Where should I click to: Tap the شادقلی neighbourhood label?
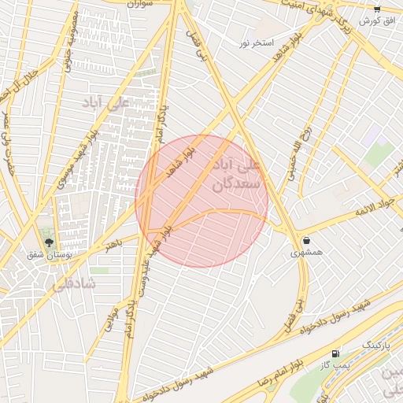(72, 285)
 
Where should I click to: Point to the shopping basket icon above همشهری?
(305, 240)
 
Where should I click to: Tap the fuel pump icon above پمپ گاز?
(337, 353)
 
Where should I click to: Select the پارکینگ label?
(374, 346)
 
